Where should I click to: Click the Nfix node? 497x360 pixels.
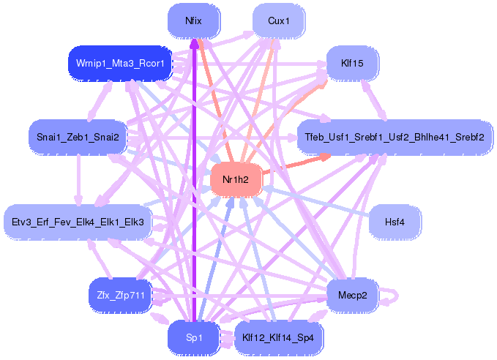coord(194,20)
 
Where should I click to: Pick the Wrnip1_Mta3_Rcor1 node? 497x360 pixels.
coord(119,64)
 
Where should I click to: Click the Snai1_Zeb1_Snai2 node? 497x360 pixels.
coord(78,137)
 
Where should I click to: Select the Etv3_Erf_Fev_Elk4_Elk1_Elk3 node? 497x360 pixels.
coord(77,221)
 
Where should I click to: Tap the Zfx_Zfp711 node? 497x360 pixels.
coord(119,295)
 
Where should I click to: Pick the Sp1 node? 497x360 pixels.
coord(194,337)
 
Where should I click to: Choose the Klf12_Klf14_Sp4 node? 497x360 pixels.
coord(279,337)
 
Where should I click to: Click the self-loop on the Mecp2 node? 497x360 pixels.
coord(394,296)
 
